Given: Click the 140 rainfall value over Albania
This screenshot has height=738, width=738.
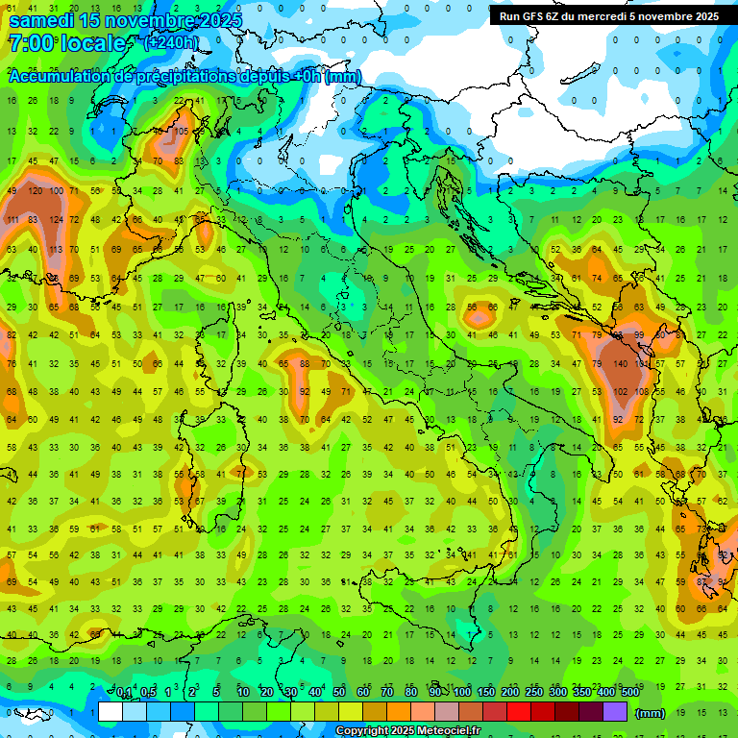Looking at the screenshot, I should [x=620, y=364].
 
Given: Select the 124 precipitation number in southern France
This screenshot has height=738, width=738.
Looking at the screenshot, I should [x=58, y=220].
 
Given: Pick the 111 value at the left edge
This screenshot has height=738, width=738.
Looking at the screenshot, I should [x=12, y=220].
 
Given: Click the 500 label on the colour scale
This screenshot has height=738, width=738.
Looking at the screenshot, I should [x=629, y=692].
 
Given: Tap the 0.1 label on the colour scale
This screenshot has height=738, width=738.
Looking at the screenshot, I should [x=125, y=692].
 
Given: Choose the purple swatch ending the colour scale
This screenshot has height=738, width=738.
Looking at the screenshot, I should [x=615, y=711].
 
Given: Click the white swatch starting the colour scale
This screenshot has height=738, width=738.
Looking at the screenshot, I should [x=111, y=711].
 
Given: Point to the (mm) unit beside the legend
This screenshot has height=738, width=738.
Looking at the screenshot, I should [x=651, y=713].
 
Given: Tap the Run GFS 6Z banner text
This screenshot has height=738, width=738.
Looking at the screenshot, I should [x=608, y=16].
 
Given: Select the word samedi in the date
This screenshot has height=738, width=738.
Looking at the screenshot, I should [x=42, y=20].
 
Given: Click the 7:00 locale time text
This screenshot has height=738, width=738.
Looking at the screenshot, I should [x=67, y=43].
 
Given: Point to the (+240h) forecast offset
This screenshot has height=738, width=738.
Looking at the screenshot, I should [x=171, y=42].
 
